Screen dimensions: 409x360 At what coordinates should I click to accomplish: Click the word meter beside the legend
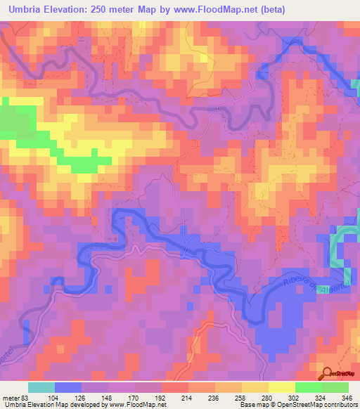point(11,397)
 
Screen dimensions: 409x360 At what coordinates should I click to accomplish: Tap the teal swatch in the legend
point(41,387)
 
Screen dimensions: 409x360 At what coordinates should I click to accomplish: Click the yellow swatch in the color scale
point(281,387)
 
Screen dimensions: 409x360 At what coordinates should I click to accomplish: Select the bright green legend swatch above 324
point(308,387)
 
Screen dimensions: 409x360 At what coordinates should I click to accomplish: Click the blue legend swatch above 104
point(68,387)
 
